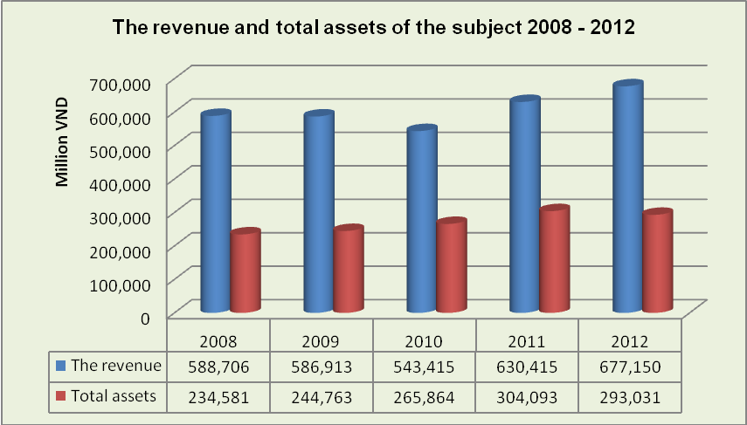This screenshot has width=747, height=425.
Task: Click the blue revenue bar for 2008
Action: point(215,214)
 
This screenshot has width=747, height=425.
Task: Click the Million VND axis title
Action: point(62,149)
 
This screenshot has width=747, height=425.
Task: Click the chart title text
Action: point(374,27)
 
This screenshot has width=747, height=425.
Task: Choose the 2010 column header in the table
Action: point(425,339)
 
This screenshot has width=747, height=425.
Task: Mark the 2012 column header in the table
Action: point(630,339)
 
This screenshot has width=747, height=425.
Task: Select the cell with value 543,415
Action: point(425,367)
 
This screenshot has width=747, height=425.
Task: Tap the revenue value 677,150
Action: point(630,367)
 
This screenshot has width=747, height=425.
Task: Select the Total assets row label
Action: point(126,395)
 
